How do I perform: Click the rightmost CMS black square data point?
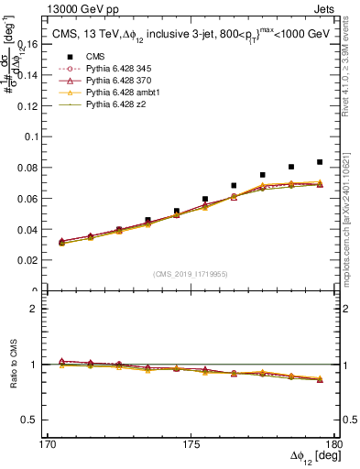tap(320, 162)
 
